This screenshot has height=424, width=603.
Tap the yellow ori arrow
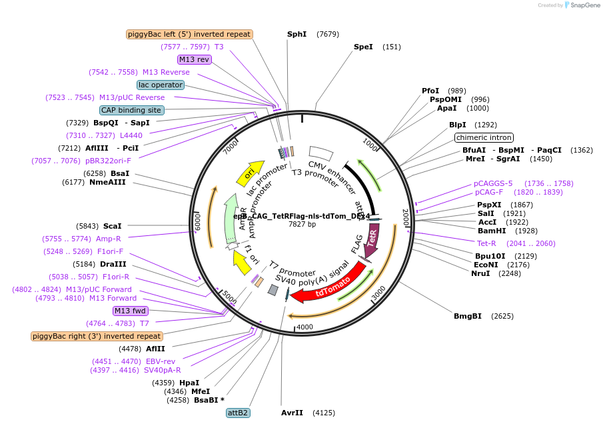(x=250, y=174)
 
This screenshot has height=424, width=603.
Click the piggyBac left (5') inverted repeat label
(x=189, y=34)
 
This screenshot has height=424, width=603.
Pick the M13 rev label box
(x=195, y=59)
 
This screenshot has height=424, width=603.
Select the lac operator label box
(x=161, y=85)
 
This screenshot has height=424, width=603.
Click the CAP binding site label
(x=131, y=110)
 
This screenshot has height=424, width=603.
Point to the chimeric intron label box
(x=484, y=138)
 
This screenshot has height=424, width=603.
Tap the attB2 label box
(x=238, y=413)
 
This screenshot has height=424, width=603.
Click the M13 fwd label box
(x=131, y=311)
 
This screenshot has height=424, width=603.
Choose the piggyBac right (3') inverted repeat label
(x=97, y=336)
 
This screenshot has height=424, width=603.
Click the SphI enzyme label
(x=297, y=34)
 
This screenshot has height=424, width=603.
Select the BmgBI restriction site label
(x=467, y=316)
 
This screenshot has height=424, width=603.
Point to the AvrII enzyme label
(x=292, y=413)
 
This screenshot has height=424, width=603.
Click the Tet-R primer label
(x=486, y=243)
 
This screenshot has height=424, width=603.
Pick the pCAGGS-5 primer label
(x=493, y=183)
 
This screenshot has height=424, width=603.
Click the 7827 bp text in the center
(x=302, y=225)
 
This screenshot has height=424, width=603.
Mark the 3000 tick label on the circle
(x=378, y=291)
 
